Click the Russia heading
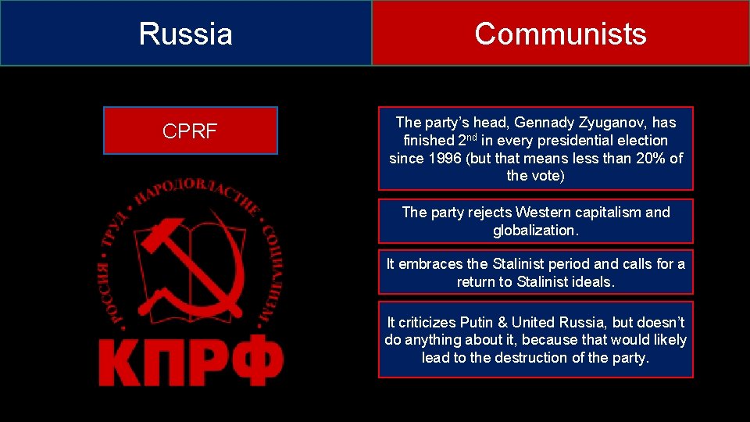(x=186, y=34)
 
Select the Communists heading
(x=560, y=34)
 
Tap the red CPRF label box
(x=190, y=131)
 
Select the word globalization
(x=536, y=231)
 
